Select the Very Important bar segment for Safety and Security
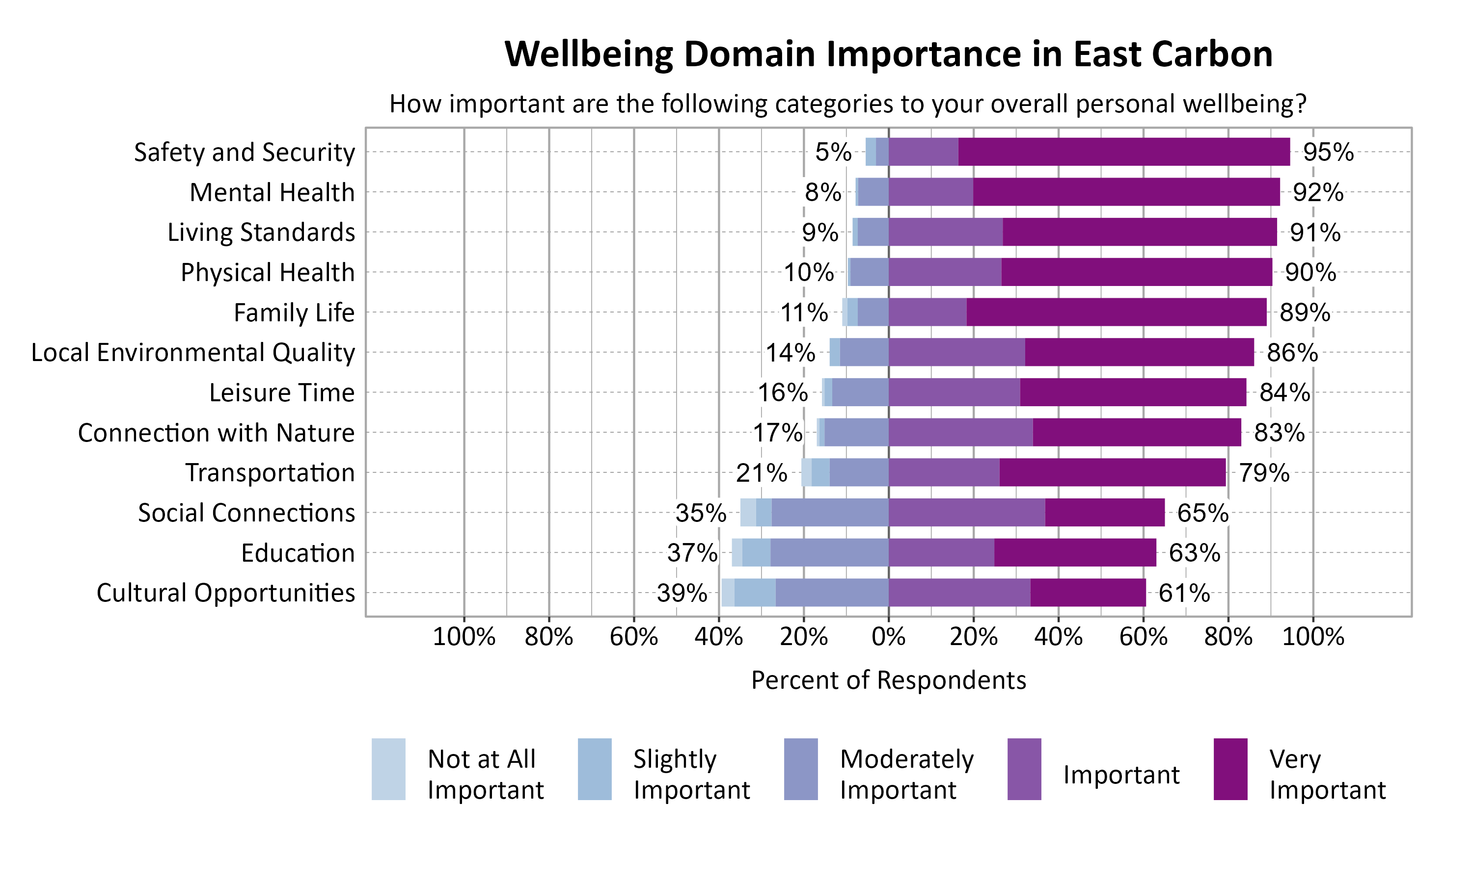click(x=1123, y=152)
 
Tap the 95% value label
click(x=1328, y=153)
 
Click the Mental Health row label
click(x=272, y=192)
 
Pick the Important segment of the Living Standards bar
click(x=946, y=232)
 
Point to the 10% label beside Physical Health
click(x=809, y=273)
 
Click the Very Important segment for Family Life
click(x=1117, y=312)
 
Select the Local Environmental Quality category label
click(x=193, y=352)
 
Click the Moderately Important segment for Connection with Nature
click(x=856, y=433)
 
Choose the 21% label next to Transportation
click(x=761, y=473)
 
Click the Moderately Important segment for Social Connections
click(x=830, y=512)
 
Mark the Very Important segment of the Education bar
click(x=1075, y=553)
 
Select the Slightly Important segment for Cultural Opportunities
click(x=755, y=593)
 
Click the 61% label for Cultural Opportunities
click(x=1184, y=593)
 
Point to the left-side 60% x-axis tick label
click(x=633, y=637)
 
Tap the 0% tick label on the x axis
click(x=888, y=637)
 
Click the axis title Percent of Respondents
click(x=888, y=680)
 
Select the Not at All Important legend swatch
click(x=388, y=769)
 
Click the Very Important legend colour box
click(x=1230, y=769)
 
